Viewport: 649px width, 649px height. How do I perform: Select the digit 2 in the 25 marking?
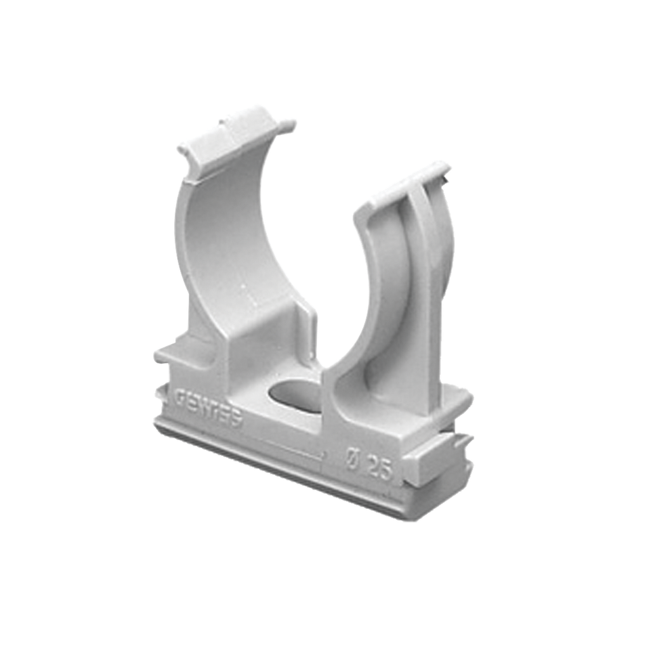(x=371, y=466)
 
